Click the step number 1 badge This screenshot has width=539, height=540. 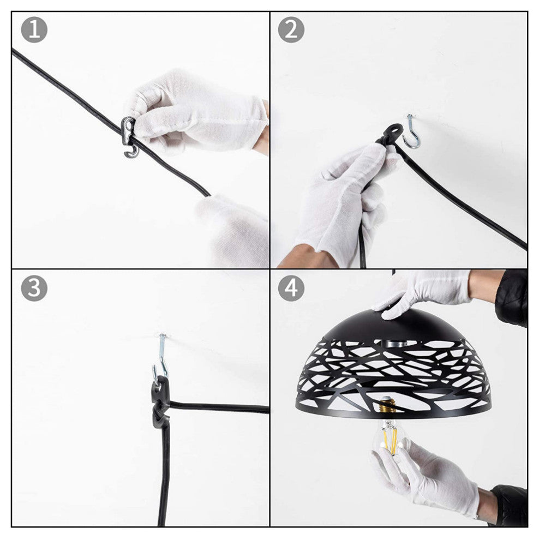[34, 30]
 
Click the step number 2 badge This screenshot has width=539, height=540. [291, 30]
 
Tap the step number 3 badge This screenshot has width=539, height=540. [34, 288]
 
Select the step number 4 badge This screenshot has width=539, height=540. [291, 288]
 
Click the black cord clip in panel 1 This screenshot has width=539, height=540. [129, 137]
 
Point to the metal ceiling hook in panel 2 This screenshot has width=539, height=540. [412, 133]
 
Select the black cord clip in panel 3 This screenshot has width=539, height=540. [160, 402]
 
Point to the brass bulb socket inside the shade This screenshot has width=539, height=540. [387, 405]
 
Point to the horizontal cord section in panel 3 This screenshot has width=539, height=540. [219, 407]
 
